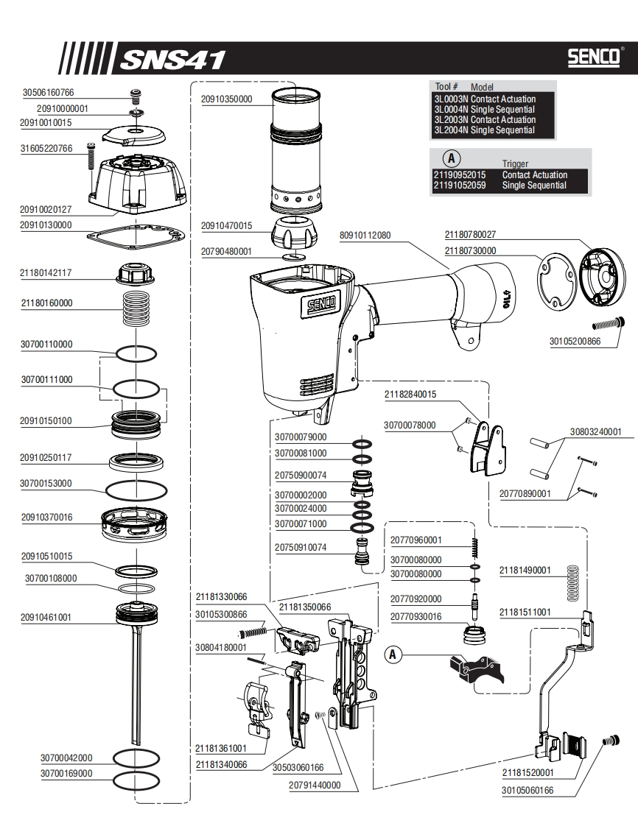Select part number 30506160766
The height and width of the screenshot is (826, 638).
[49, 93]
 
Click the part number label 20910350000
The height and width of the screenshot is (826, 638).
[226, 99]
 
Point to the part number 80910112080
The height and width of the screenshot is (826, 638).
[365, 236]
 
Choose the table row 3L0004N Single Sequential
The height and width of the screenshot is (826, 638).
[485, 109]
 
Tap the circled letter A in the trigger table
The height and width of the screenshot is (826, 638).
[450, 158]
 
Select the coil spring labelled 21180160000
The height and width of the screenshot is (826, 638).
[138, 303]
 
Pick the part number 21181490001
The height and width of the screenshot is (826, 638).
[525, 571]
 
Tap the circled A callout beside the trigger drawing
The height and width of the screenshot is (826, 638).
[393, 653]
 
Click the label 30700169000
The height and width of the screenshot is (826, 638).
[66, 773]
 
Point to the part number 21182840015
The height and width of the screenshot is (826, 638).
[410, 394]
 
